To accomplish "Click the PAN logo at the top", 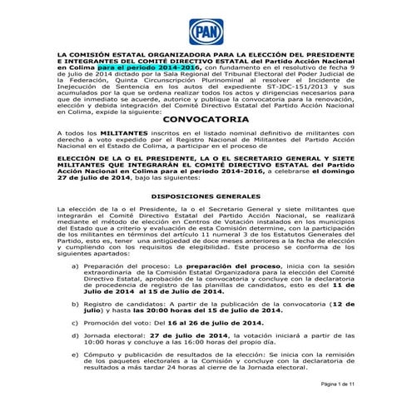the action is (206, 31).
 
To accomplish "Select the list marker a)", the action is (80, 266).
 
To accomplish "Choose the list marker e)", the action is (80, 355).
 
